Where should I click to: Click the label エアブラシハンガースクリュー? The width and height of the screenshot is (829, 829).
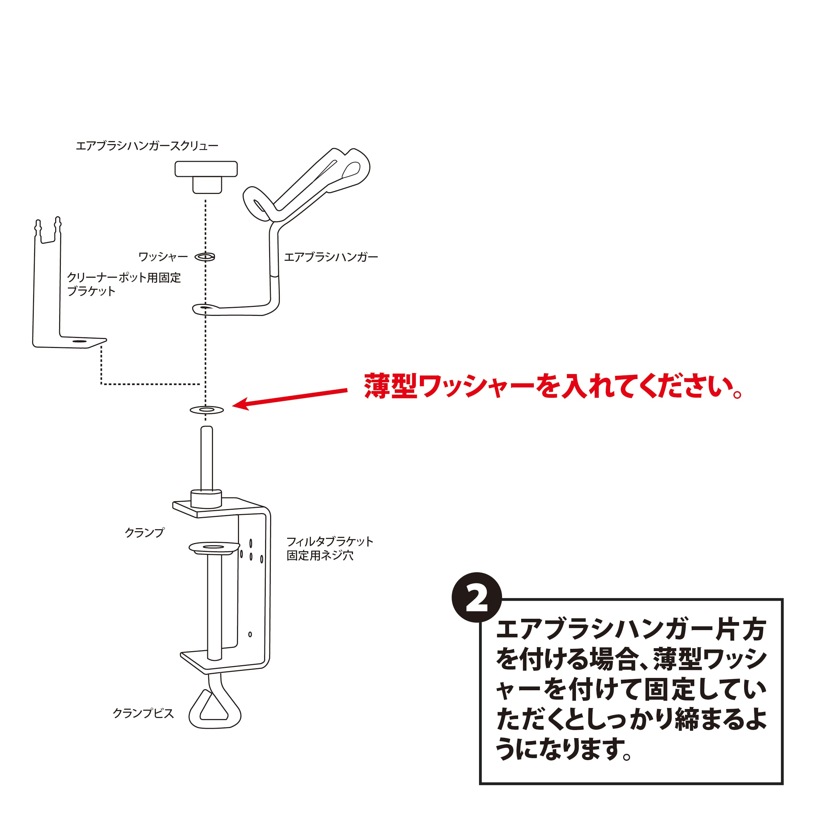[x=147, y=146]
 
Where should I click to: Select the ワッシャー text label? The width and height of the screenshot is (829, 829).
[x=163, y=257]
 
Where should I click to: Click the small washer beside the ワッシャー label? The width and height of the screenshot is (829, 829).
[x=205, y=257]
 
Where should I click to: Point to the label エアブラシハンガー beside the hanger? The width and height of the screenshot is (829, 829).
[x=331, y=257]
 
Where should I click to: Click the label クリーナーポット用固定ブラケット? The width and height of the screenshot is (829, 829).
[x=124, y=284]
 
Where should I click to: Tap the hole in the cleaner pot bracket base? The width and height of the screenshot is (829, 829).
[x=79, y=341]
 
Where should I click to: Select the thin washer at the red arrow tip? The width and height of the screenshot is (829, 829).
[x=207, y=410]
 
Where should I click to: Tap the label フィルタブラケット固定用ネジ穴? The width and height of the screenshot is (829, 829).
[x=330, y=548]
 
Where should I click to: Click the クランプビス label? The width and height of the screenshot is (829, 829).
[x=143, y=713]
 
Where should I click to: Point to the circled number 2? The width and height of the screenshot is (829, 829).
[x=477, y=597]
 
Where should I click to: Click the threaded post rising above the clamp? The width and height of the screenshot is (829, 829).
[x=207, y=458]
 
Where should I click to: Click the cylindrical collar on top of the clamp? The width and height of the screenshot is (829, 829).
[x=206, y=499]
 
